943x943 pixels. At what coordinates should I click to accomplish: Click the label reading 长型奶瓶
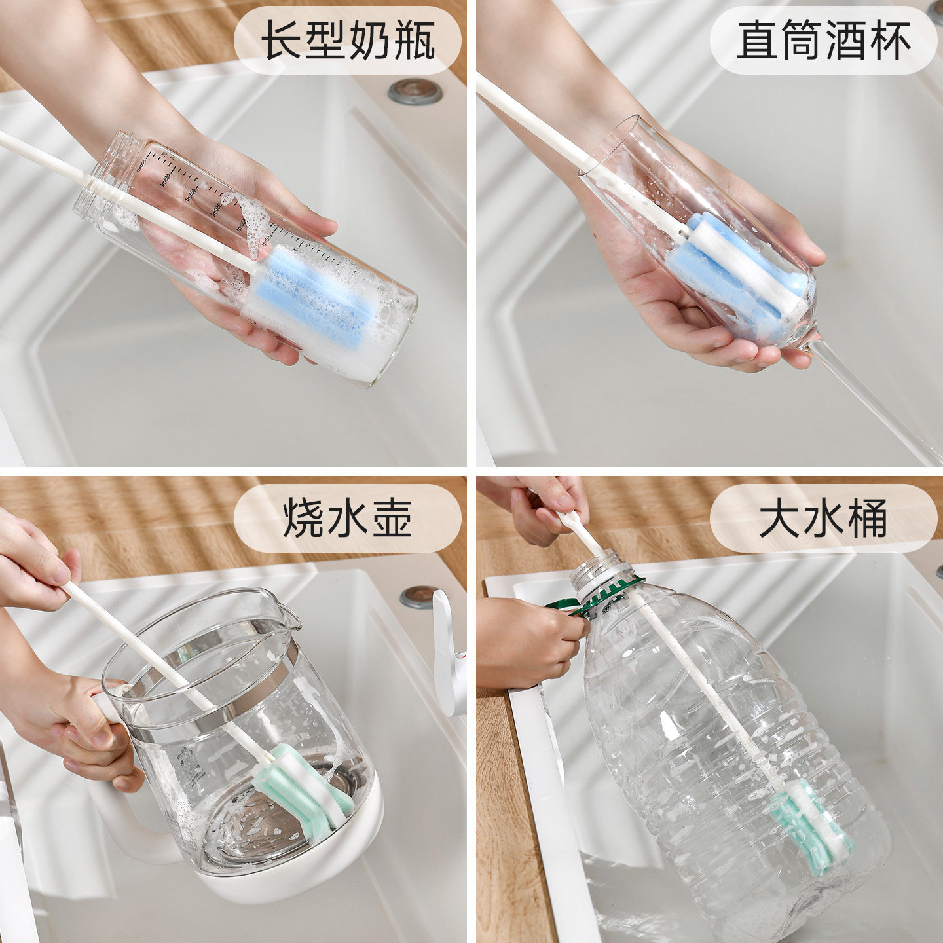[x=348, y=41]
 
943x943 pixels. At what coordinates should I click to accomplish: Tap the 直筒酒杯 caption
[x=823, y=41]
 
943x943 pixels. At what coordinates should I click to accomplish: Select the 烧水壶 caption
[x=348, y=518]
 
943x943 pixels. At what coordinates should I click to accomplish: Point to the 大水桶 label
[x=823, y=518]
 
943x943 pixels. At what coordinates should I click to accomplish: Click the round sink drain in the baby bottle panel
[x=415, y=92]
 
